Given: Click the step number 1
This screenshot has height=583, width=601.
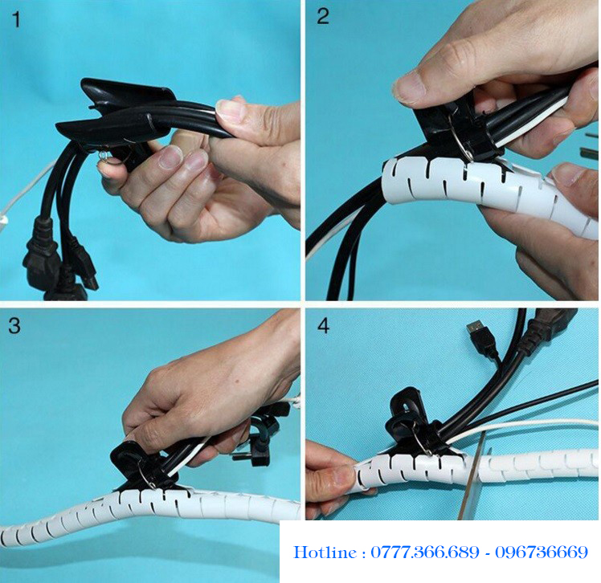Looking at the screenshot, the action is point(17,20).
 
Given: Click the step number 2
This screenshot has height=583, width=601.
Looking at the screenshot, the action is point(323,17).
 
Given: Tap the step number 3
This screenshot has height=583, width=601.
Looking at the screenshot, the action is point(14,325).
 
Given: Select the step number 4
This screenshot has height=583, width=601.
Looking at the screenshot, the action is point(324,325).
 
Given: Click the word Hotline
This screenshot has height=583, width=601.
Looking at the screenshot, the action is point(325,552).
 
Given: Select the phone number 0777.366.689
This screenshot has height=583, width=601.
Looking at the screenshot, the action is point(425,552).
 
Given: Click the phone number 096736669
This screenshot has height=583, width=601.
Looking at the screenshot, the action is point(542,552).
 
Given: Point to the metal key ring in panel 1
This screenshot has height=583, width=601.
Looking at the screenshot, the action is point(104,156).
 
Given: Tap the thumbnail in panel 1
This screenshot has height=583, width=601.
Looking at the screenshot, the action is point(231,110).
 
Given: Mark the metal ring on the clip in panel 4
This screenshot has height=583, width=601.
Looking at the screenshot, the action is point(423,441).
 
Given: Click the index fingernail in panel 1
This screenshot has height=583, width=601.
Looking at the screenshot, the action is point(172,157).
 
